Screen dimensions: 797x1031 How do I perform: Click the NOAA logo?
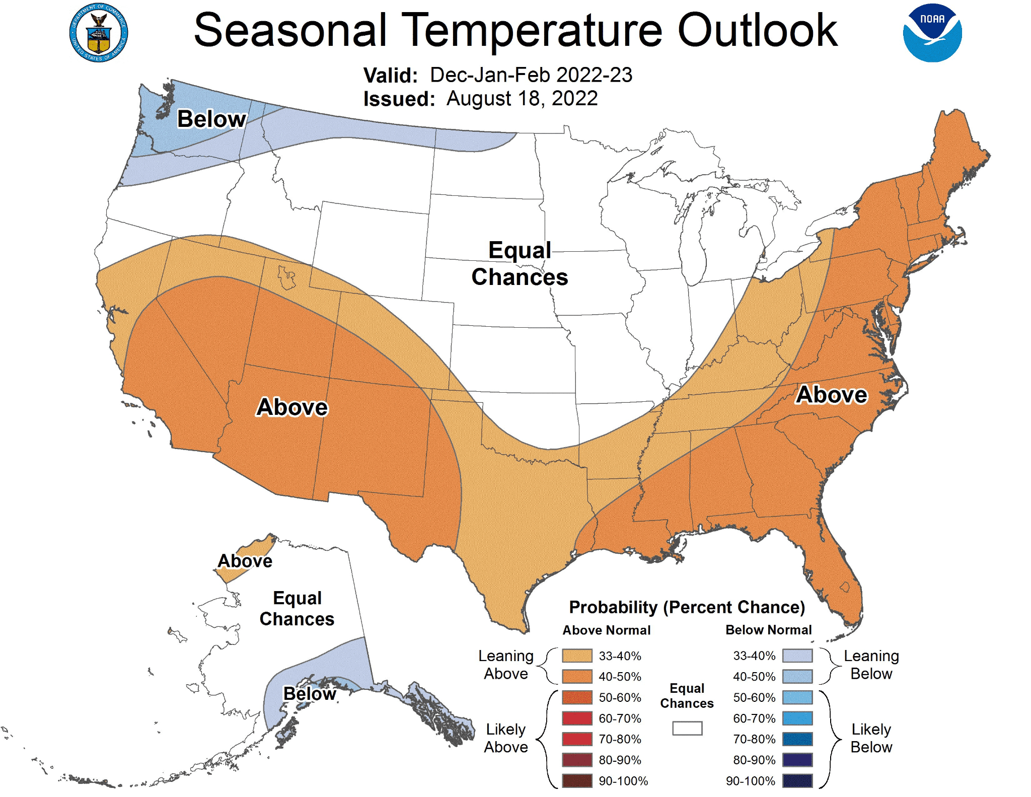pyautogui.click(x=932, y=33)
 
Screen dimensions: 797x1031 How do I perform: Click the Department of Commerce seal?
pyautogui.click(x=99, y=33)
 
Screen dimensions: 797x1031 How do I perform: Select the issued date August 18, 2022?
pyautogui.click(x=522, y=99)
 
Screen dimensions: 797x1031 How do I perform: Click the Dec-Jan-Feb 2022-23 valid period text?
pyautogui.click(x=531, y=75)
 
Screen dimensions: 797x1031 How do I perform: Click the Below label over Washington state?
pyautogui.click(x=211, y=119)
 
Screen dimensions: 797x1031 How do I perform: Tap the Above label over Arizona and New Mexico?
pyautogui.click(x=292, y=407)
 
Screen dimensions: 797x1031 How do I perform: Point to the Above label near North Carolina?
pyautogui.click(x=832, y=394)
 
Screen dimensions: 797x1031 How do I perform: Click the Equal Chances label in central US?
pyautogui.click(x=520, y=264)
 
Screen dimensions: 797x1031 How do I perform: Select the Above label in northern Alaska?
pyautogui.click(x=245, y=561)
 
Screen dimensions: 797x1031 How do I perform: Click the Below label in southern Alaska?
pyautogui.click(x=310, y=693)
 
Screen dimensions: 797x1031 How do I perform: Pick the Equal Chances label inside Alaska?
pyautogui.click(x=297, y=608)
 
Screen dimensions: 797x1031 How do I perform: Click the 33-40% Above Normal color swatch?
pyautogui.click(x=577, y=656)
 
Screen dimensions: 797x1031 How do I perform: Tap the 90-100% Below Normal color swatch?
pyautogui.click(x=797, y=781)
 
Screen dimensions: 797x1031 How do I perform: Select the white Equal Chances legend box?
pyautogui.click(x=687, y=728)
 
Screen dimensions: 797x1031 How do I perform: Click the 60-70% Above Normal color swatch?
pyautogui.click(x=577, y=718)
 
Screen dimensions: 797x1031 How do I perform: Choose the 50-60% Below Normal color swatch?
pyautogui.click(x=797, y=697)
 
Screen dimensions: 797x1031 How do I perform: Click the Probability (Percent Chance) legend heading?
pyautogui.click(x=687, y=607)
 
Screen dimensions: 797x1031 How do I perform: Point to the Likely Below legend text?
pyautogui.click(x=871, y=738)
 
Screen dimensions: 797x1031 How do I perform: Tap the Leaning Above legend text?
pyautogui.click(x=505, y=665)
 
